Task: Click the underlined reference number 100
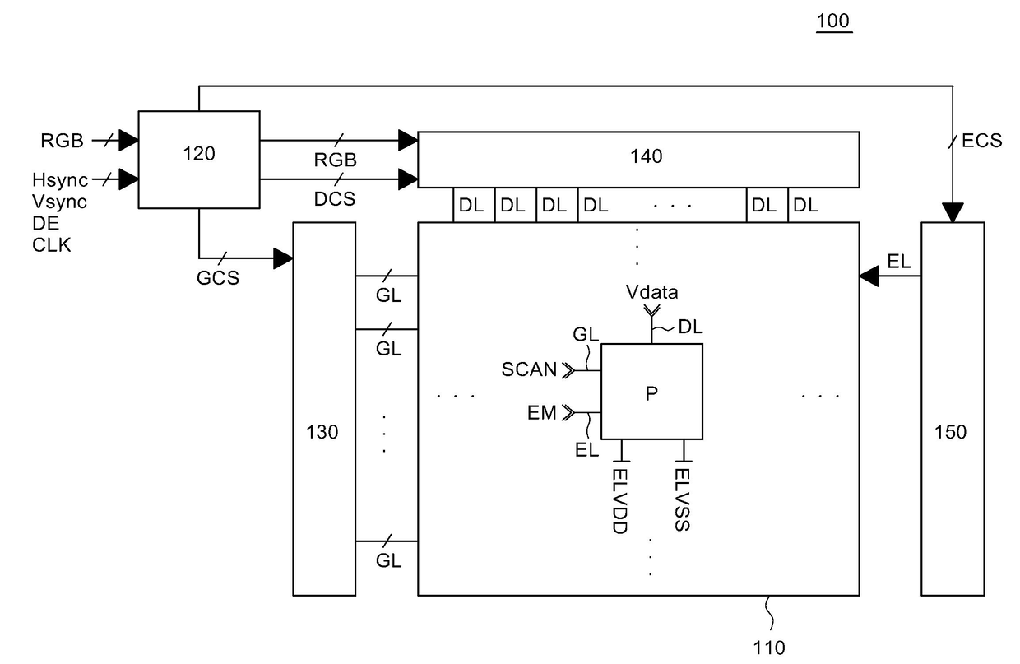tap(833, 21)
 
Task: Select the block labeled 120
tap(199, 160)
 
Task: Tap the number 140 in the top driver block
tap(646, 156)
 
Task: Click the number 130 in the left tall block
tap(322, 432)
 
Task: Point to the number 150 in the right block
tap(950, 432)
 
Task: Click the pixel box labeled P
tap(651, 392)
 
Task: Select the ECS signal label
tap(982, 141)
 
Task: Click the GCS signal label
tap(218, 278)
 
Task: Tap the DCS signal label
tap(335, 199)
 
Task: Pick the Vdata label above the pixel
tap(651, 292)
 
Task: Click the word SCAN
tap(529, 369)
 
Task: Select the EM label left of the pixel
tap(542, 413)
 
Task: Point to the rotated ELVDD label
tap(619, 501)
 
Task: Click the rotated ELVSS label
tap(682, 499)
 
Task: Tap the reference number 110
tap(768, 648)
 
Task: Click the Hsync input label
tap(60, 180)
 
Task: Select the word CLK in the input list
tap(52, 245)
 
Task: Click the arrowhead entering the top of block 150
tap(953, 212)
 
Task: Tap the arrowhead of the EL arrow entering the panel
tap(869, 276)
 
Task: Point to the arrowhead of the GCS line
tap(283, 258)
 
